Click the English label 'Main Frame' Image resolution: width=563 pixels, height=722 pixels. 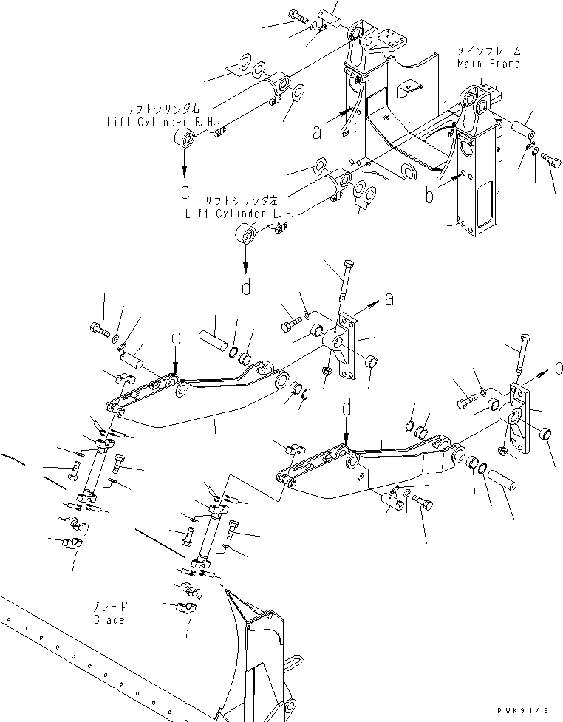[488, 64]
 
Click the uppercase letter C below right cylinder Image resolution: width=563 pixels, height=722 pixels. [185, 194]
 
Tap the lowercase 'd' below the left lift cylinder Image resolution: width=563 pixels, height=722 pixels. [246, 285]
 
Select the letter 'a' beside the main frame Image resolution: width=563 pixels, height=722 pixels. [318, 132]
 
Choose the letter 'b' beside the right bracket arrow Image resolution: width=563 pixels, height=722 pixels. [560, 365]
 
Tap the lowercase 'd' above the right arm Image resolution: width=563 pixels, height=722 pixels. [346, 407]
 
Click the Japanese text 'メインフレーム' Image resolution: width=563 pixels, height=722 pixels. [488, 51]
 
